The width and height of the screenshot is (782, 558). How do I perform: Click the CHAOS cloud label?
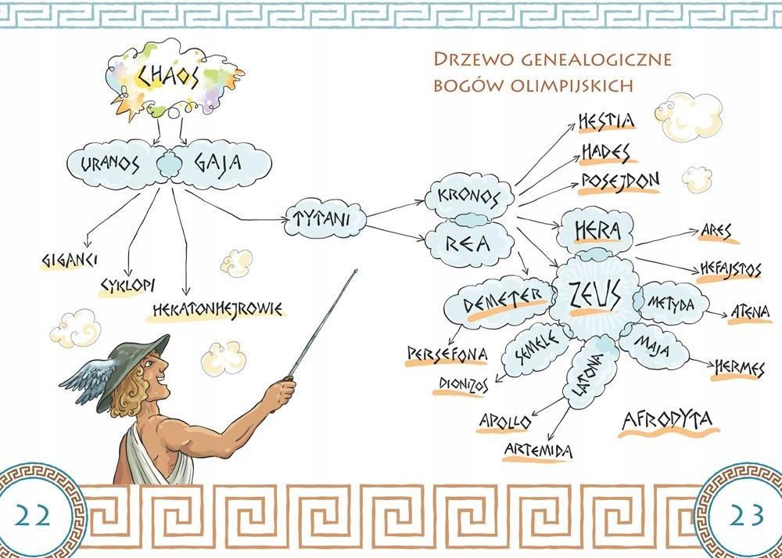[x=168, y=77]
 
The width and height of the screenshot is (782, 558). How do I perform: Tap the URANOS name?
[x=109, y=164]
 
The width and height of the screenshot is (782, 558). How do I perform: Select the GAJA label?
[x=218, y=163]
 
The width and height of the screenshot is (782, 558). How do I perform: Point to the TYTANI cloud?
[x=325, y=218]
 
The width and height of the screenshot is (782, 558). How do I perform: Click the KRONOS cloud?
[x=468, y=196]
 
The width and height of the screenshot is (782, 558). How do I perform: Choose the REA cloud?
[x=468, y=243]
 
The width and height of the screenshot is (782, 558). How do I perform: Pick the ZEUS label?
[x=595, y=294]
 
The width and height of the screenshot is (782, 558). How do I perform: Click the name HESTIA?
[x=607, y=121]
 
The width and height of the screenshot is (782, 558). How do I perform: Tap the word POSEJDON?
[x=620, y=182]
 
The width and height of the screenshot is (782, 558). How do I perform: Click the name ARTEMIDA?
[x=538, y=451]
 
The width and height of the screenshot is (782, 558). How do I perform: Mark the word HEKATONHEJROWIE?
[x=217, y=310]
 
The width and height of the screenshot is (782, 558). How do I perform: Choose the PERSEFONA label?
[x=447, y=354]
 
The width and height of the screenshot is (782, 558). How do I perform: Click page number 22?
[x=32, y=516]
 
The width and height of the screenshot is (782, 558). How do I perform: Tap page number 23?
[x=746, y=515]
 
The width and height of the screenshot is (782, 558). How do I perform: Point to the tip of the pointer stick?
[x=356, y=271]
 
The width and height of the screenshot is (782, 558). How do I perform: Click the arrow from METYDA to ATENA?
[x=716, y=314]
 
